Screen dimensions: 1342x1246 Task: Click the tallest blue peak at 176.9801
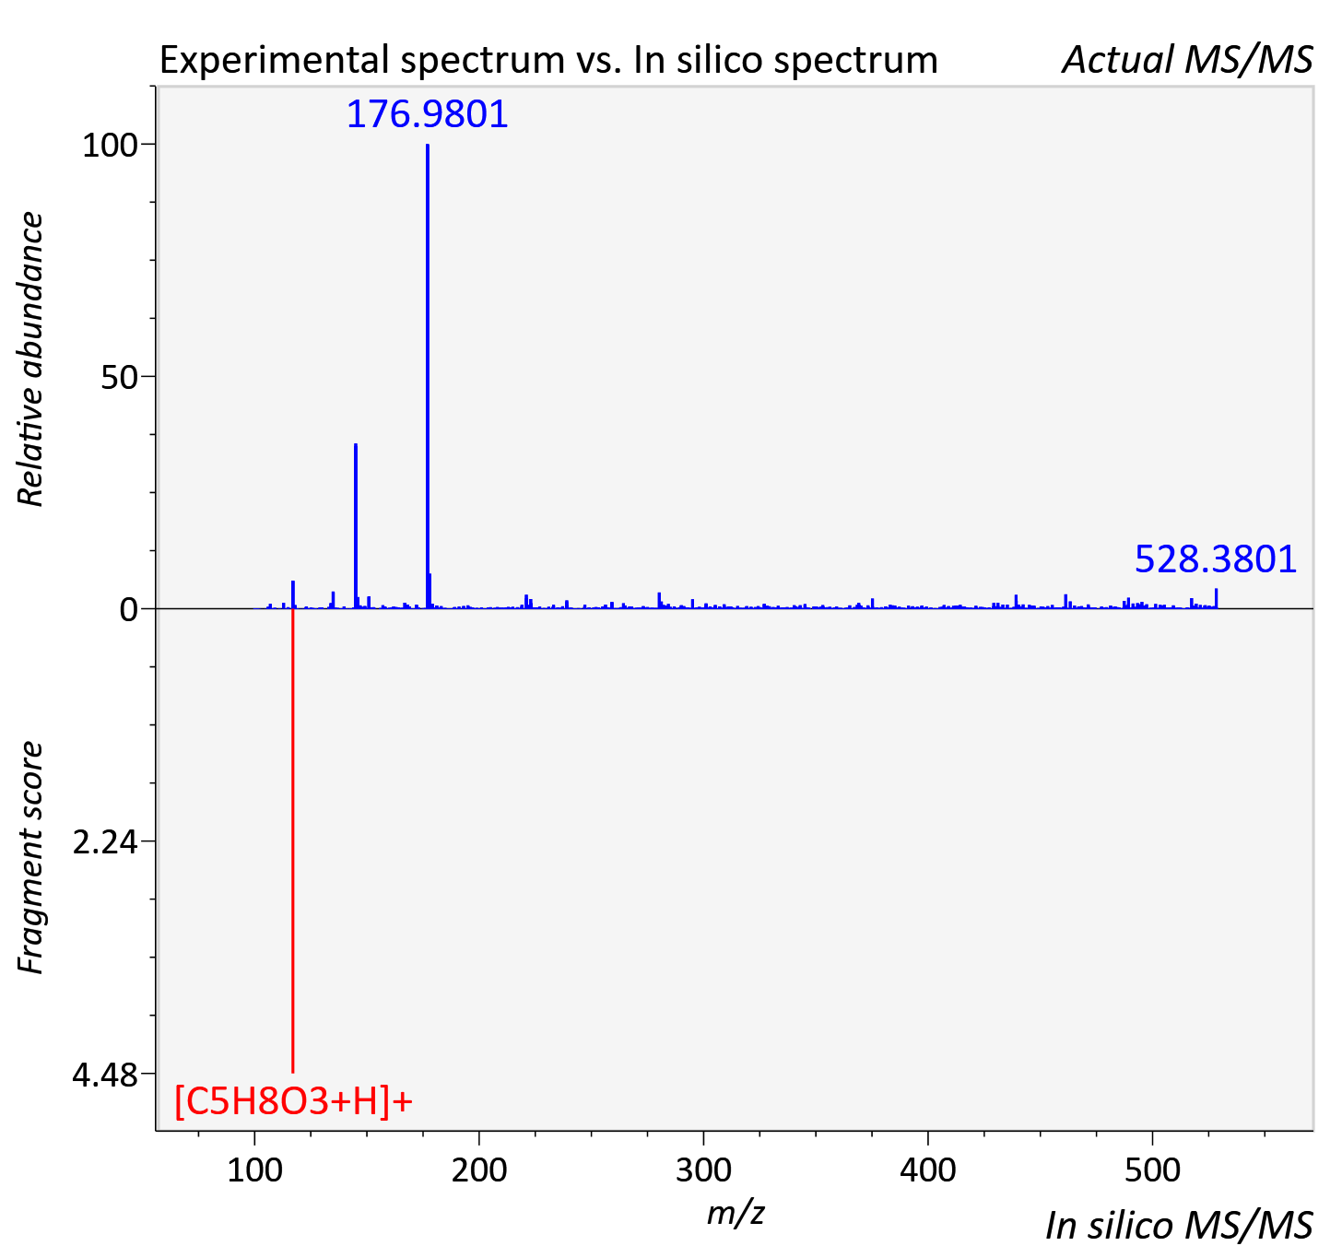(x=428, y=376)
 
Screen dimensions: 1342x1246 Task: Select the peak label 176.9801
(x=427, y=114)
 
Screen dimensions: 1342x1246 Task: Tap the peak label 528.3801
(x=1216, y=559)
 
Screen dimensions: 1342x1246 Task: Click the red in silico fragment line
(x=292, y=840)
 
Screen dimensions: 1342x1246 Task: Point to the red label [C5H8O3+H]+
(x=293, y=1102)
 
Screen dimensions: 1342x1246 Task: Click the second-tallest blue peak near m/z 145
(x=356, y=525)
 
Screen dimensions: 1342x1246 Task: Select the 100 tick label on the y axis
(x=110, y=146)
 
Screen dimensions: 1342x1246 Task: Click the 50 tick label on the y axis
(x=119, y=378)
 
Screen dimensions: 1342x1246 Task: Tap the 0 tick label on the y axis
(x=128, y=610)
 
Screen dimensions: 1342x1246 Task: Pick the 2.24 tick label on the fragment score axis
(x=105, y=842)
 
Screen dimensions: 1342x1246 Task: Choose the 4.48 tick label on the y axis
(x=105, y=1075)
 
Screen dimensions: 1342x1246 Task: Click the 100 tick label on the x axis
(x=254, y=1170)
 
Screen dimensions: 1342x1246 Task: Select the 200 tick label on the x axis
(x=479, y=1170)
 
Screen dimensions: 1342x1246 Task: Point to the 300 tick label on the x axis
(x=703, y=1170)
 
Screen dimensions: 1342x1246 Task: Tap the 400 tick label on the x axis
(x=928, y=1170)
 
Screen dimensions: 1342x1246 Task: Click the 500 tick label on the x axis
(x=1152, y=1170)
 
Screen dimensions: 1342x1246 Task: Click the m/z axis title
(x=736, y=1213)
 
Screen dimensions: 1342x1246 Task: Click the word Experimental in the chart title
(x=275, y=60)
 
